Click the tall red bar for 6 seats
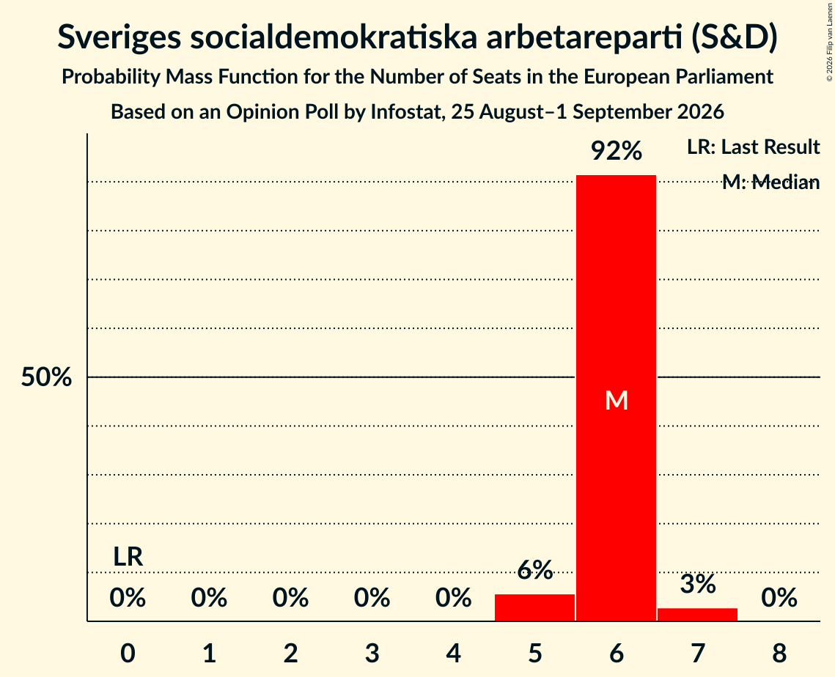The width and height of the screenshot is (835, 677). [616, 398]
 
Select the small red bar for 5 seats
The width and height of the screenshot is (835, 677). [534, 607]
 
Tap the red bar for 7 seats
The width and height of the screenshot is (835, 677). [698, 614]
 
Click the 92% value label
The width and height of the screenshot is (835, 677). [617, 151]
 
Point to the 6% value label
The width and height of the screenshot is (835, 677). [535, 570]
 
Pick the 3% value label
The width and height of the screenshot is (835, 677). [698, 584]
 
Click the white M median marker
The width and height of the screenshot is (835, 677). [617, 400]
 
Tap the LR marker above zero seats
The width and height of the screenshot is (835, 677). [128, 557]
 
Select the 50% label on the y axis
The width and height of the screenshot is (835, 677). [46, 377]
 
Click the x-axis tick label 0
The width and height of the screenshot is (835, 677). [128, 653]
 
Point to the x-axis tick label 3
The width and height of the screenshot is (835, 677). [372, 653]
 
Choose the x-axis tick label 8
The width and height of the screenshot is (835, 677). [779, 653]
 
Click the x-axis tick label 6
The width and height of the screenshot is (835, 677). [617, 653]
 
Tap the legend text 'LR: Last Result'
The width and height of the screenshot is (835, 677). [754, 147]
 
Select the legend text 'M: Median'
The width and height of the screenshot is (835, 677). [771, 182]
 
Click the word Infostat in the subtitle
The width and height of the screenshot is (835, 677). [405, 112]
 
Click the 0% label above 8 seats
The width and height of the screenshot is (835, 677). [779, 598]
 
